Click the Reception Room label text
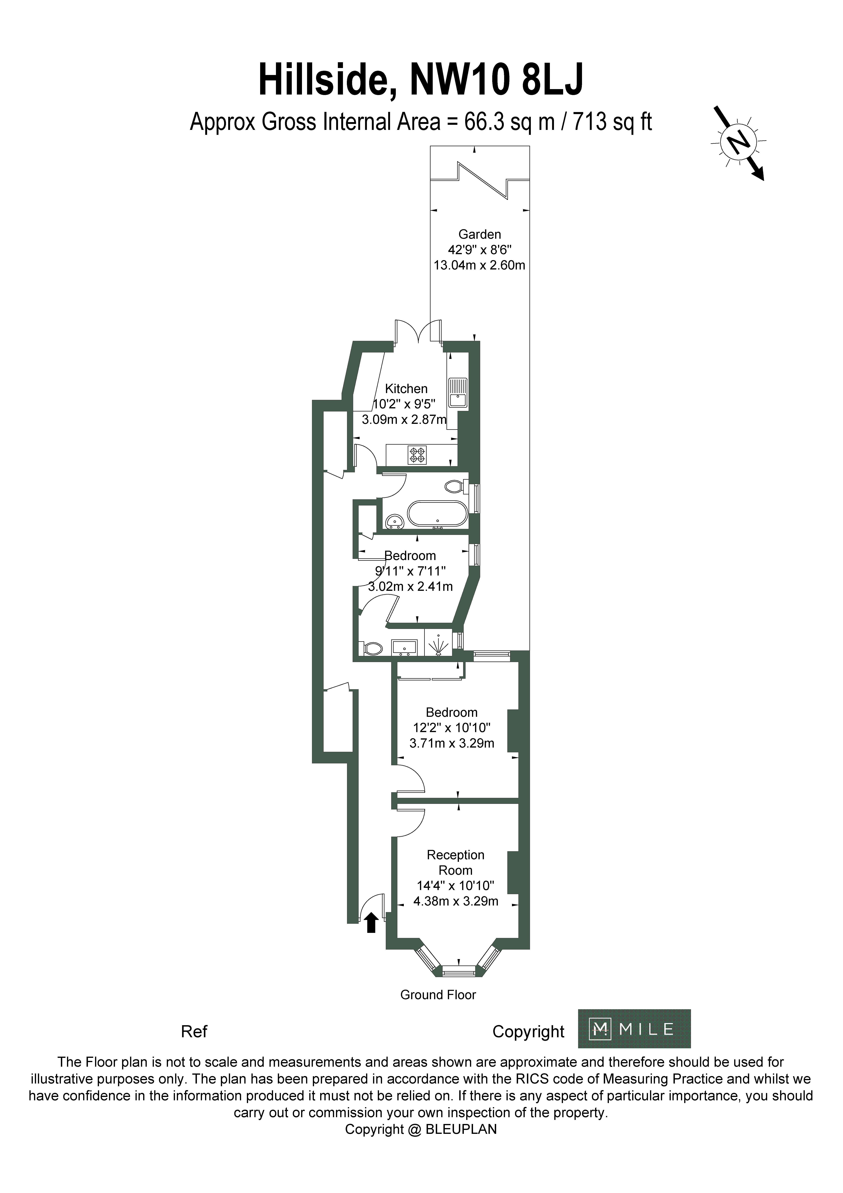[x=455, y=862]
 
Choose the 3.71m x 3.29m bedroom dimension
[x=452, y=743]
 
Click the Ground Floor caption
[x=438, y=995]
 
